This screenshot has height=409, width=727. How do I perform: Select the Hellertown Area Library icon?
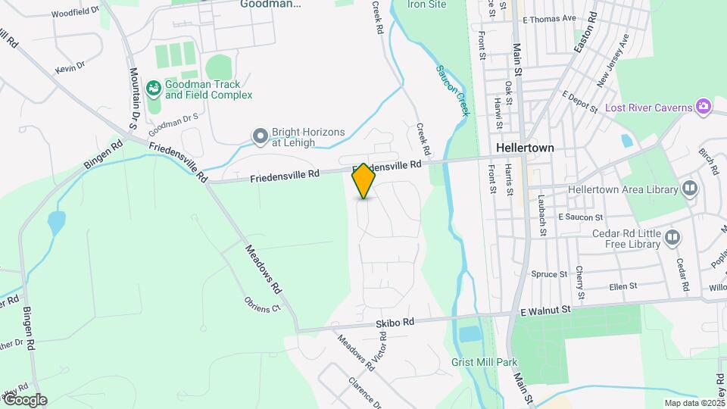[689, 188]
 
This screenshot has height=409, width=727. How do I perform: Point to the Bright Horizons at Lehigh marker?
[261, 136]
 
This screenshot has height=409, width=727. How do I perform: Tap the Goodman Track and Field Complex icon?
[154, 89]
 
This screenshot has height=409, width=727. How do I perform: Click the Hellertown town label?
[525, 148]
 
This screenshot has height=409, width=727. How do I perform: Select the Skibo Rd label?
[395, 323]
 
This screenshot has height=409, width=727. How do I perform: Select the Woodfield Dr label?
[76, 13]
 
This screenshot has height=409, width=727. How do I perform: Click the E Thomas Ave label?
[549, 19]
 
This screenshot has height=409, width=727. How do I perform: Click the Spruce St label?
[549, 274]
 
